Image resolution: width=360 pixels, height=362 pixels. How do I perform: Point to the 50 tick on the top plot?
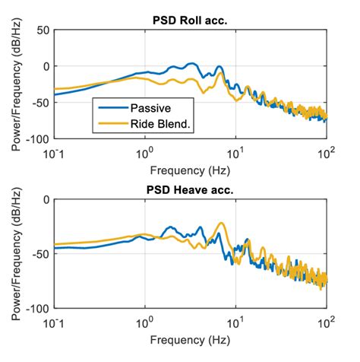click(41, 30)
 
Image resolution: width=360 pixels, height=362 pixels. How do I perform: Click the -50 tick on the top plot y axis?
click(38, 103)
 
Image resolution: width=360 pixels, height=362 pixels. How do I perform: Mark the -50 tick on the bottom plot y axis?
click(38, 255)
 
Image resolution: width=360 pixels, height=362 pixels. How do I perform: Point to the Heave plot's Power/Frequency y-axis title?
click(16, 255)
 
